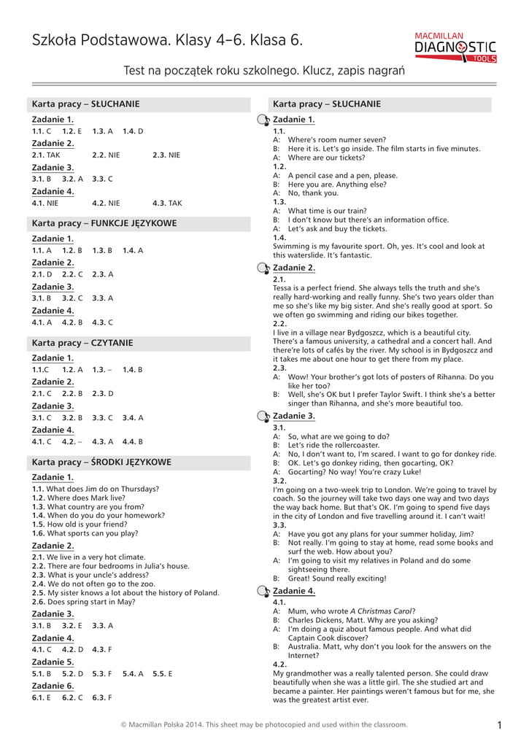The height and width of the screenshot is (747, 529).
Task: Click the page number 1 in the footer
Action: [500, 724]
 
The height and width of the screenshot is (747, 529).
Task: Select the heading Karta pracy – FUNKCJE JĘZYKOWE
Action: [104, 223]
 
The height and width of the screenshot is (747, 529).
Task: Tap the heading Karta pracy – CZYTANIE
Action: [82, 342]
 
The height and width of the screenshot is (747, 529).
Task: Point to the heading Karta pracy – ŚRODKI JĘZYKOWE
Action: [101, 462]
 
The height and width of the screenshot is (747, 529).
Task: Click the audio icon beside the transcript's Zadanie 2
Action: [263, 268]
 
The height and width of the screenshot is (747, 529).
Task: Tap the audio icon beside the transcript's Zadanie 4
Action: [263, 591]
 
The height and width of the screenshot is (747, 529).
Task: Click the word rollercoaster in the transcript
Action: [355, 445]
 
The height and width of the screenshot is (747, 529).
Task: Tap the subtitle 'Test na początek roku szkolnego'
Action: [207, 71]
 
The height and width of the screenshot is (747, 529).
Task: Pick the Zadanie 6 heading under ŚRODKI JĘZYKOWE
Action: [53, 686]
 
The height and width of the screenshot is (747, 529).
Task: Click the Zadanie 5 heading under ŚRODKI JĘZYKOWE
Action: [53, 662]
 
